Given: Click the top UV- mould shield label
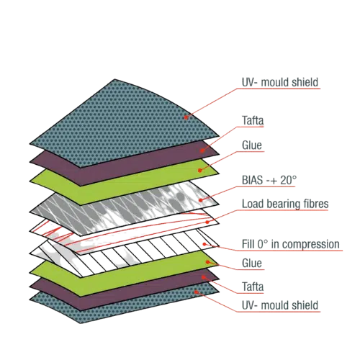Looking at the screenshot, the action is coord(280,82).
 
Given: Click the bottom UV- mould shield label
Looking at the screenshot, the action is coord(280,305).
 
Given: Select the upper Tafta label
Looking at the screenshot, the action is coord(253,120).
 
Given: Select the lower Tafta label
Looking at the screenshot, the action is coord(253,287).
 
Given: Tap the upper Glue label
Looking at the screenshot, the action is coord(252,145).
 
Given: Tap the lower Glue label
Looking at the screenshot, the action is coord(252,263).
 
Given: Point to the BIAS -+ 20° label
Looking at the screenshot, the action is coord(269,180).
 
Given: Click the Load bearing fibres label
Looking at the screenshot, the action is coord(285,204).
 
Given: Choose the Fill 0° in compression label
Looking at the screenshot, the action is coord(291,244).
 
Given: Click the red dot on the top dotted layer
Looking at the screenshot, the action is coord(186,117).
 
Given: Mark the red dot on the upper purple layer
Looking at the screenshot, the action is coord(202,150).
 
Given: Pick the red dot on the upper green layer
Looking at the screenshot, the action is coord(200,171).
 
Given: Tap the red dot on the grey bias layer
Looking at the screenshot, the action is coord(201,200).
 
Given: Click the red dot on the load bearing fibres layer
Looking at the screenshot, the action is coord(207,222).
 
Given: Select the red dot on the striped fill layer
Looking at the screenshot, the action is coord(204,244).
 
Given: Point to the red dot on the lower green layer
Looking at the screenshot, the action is coord(208,262).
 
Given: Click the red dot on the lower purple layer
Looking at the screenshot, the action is coord(203,277).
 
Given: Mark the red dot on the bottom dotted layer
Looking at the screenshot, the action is coord(196,292).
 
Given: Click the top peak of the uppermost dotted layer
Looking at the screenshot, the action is coord(114,79).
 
